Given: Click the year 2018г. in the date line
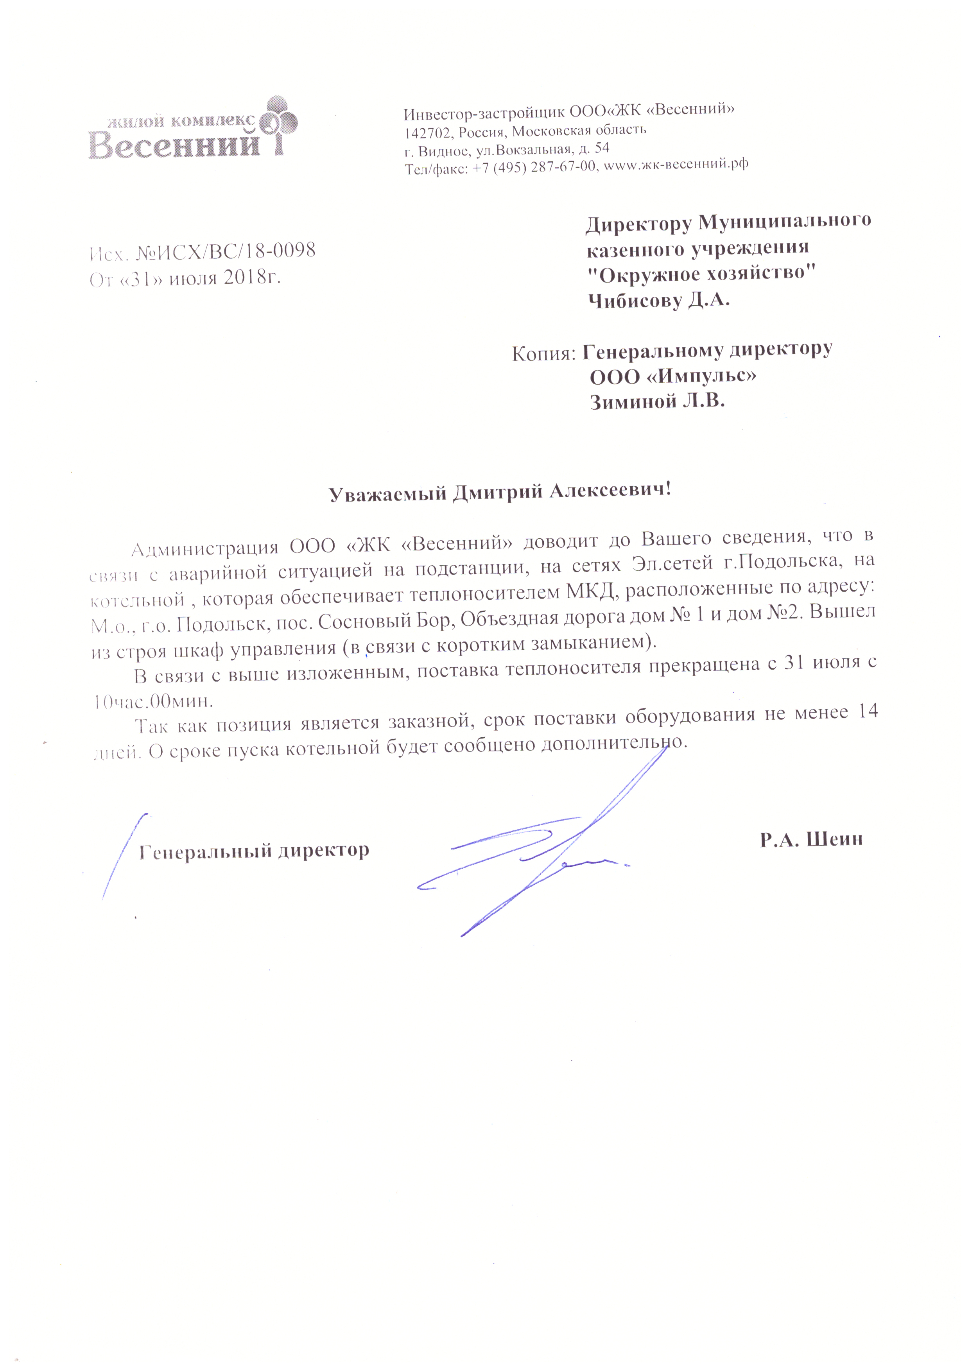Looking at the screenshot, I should (x=251, y=278).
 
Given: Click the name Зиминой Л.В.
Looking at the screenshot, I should (x=657, y=402).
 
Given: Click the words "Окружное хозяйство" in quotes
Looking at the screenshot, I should (x=701, y=274).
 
